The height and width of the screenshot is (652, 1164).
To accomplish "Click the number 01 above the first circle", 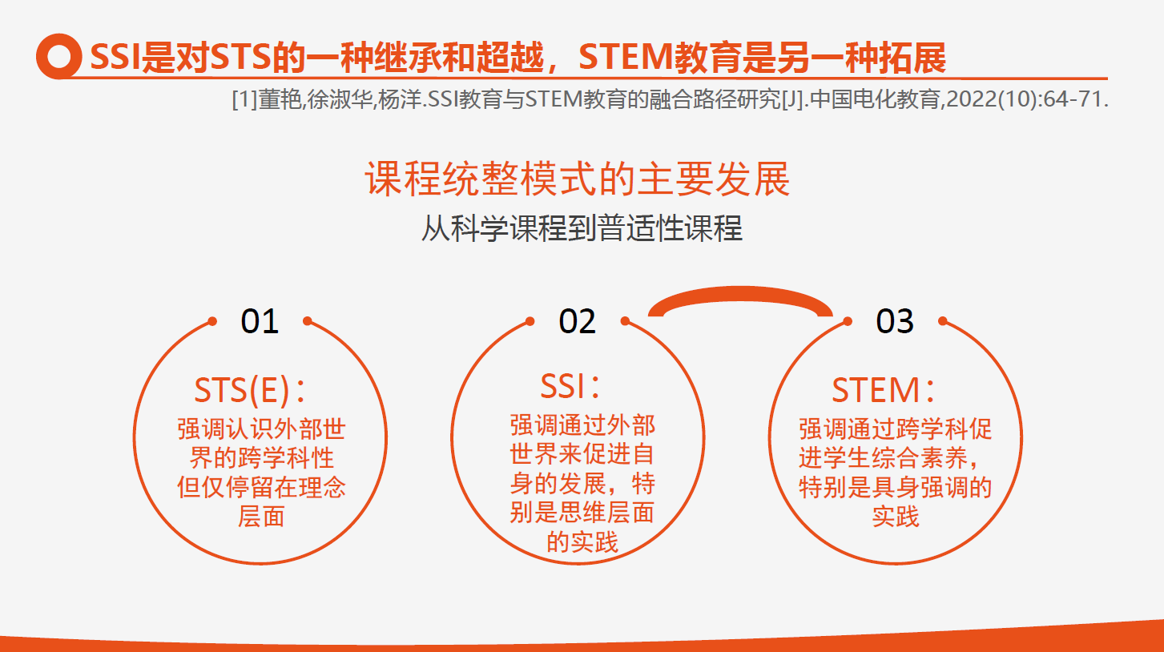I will pos(260,321).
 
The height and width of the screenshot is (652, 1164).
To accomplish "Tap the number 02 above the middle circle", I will pos(578,321).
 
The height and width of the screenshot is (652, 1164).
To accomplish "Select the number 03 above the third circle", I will pos(895,321).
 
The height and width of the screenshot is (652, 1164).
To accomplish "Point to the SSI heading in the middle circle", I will pos(562,388).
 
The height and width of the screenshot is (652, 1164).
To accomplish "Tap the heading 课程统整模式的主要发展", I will pos(578,179).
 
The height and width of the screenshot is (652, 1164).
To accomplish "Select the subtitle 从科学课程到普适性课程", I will pos(582,229).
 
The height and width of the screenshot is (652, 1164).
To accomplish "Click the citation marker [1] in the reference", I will pos(244,102).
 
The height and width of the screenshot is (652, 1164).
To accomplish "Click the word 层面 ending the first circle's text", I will pos(261,517).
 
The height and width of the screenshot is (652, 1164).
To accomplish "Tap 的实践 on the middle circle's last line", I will pos(582,542).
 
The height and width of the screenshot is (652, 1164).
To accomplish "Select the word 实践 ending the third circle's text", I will pos(896,517).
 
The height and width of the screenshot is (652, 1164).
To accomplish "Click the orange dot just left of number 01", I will pos(212,321).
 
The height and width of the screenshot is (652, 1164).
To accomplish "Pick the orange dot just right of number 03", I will pos(943,321).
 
